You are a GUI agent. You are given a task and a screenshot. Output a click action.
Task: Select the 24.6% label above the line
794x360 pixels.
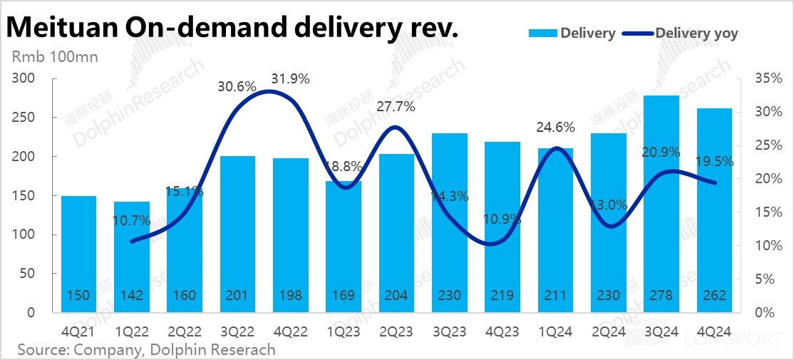(555, 128)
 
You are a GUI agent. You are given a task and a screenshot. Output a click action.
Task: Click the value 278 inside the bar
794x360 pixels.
(661, 297)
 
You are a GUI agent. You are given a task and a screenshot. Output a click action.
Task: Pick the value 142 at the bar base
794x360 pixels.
(131, 297)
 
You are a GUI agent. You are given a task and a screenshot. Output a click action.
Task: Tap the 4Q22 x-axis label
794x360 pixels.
(291, 331)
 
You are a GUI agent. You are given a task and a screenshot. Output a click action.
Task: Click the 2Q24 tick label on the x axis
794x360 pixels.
(609, 331)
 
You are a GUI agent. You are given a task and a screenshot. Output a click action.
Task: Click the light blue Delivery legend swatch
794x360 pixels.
(543, 33)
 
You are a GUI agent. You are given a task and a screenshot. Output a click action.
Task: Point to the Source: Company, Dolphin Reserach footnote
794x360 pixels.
(146, 349)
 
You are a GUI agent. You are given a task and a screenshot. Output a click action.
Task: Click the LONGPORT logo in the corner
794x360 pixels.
(734, 341)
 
